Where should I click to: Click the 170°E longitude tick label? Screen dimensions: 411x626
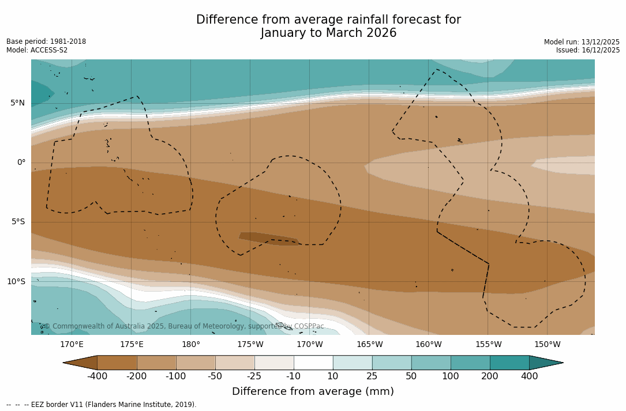click(x=72, y=345)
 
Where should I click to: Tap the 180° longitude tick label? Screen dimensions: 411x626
click(x=191, y=345)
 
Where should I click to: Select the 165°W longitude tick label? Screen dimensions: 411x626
click(x=369, y=345)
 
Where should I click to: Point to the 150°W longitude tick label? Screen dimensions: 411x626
click(x=548, y=345)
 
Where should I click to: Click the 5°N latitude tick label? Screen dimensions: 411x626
click(x=17, y=103)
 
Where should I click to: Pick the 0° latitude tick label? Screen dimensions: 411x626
click(x=21, y=163)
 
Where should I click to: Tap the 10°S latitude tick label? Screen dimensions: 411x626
click(x=16, y=282)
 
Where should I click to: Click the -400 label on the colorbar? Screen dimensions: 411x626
click(x=97, y=376)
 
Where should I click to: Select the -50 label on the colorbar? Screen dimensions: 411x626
click(x=215, y=376)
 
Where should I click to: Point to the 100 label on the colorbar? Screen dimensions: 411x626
click(x=451, y=376)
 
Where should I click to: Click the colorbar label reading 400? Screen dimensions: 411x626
click(x=529, y=376)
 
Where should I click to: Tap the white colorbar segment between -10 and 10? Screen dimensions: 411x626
click(x=313, y=363)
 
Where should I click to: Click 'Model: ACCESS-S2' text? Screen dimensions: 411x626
click(x=37, y=50)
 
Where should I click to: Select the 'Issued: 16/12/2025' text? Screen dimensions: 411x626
click(x=588, y=50)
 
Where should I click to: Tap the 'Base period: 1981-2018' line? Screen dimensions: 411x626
click(x=46, y=42)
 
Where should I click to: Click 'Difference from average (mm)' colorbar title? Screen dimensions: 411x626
click(x=313, y=392)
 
